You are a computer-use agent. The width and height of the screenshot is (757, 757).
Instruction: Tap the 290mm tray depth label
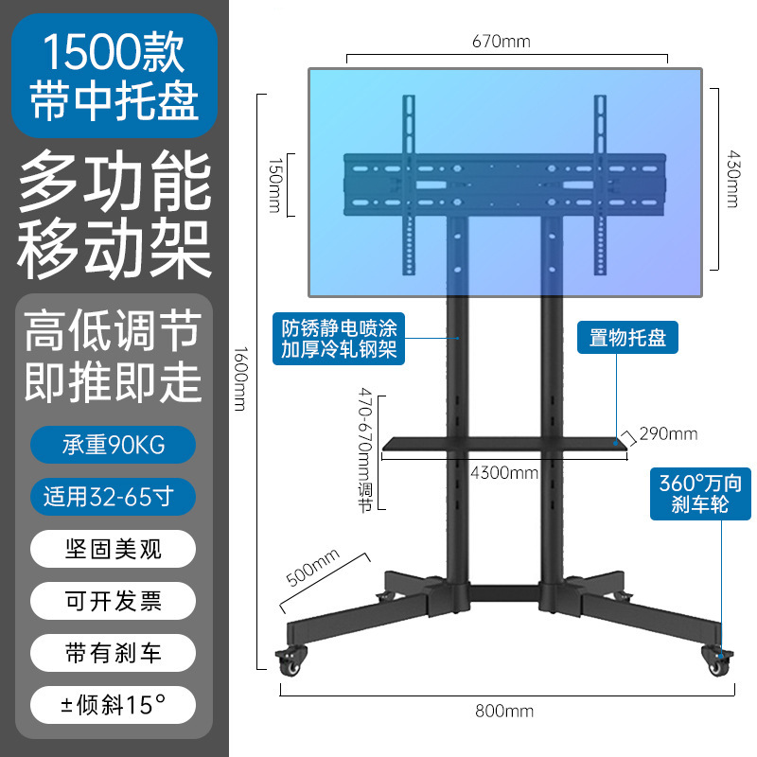click(x=668, y=434)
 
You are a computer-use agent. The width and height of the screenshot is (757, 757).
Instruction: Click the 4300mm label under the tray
click(x=504, y=471)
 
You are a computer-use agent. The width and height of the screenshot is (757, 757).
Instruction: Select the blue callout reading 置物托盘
click(x=627, y=338)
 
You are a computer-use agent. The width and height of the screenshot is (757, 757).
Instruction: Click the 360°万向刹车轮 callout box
click(x=701, y=493)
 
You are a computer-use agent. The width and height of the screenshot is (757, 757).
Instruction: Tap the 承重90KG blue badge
click(x=114, y=444)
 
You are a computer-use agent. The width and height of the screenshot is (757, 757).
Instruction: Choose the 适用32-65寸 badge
click(x=114, y=496)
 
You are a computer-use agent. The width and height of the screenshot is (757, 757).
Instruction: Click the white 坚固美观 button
click(x=114, y=548)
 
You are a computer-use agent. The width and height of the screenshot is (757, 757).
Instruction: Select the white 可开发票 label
click(x=114, y=600)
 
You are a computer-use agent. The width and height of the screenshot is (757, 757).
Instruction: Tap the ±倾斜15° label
click(x=114, y=704)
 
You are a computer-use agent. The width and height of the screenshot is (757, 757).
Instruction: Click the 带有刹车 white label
click(x=114, y=652)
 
